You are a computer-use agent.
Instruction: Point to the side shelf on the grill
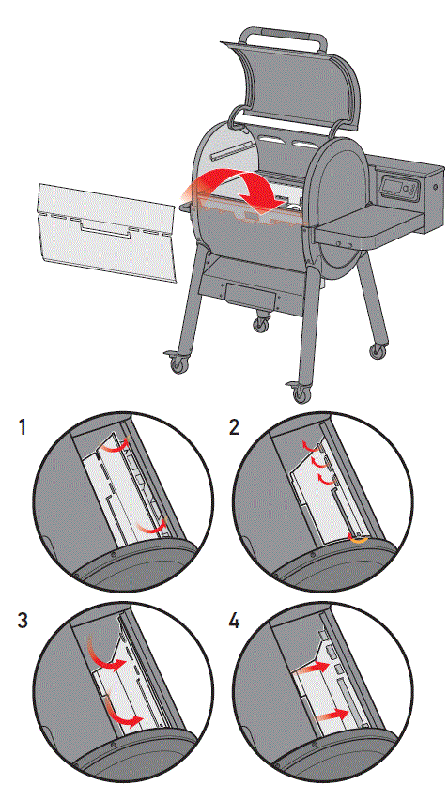click(x=365, y=223)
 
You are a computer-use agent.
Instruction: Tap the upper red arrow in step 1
click(x=116, y=452)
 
